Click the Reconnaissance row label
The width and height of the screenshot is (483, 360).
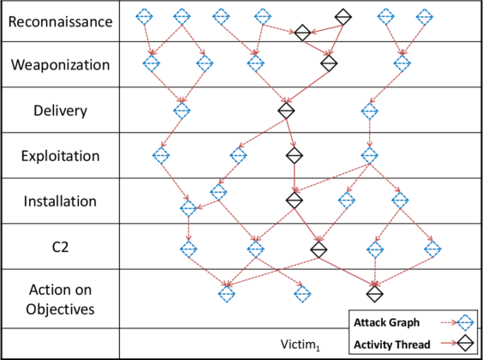60,21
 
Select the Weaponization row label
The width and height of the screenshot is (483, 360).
60,64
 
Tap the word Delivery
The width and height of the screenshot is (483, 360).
60,111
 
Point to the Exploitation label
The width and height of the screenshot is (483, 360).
60,156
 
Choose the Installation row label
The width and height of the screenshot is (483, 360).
60,201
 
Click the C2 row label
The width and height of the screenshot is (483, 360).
60,246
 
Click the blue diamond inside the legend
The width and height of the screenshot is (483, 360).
466,323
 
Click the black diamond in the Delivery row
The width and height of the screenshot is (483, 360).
286,111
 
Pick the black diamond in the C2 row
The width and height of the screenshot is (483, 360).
319,249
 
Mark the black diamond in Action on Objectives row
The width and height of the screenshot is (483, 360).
373,293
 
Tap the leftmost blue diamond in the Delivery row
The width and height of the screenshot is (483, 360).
182,111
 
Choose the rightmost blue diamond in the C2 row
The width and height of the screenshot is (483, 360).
433,249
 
